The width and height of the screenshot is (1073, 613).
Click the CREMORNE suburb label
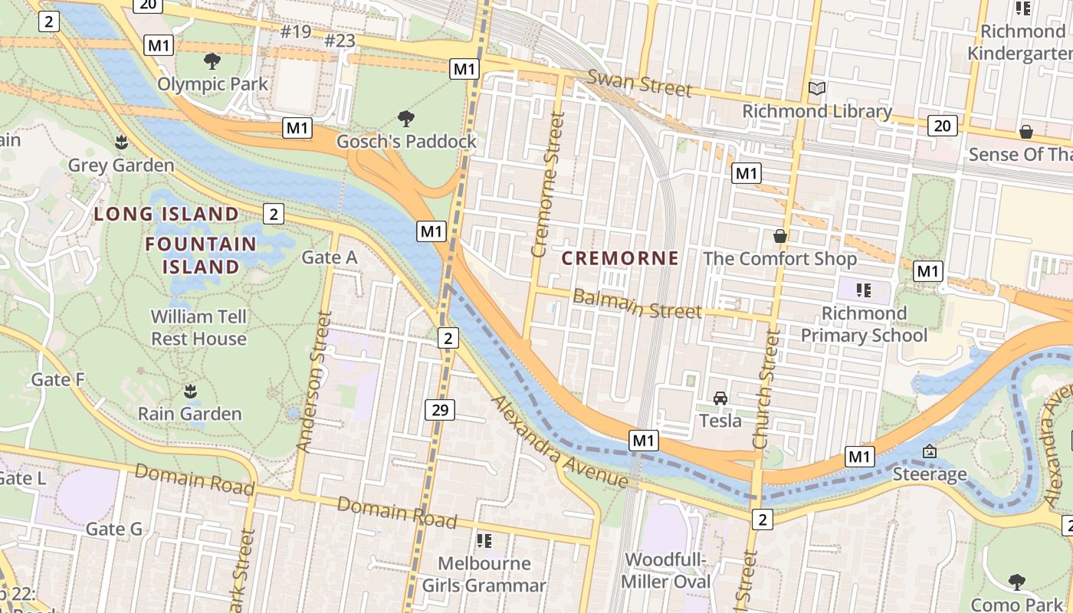(620, 258)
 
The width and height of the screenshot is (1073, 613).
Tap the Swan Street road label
(639, 83)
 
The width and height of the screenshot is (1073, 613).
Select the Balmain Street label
(637, 303)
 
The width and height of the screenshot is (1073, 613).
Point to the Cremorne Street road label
(548, 185)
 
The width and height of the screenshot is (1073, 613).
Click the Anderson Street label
(315, 382)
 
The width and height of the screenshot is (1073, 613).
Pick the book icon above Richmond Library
(817, 89)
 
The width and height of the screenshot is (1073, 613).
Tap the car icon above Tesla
(720, 398)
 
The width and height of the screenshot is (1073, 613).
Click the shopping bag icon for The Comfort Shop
(780, 236)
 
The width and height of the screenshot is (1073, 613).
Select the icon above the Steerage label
(930, 451)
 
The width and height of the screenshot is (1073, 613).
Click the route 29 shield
(440, 410)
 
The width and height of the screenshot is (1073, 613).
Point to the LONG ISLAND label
(166, 214)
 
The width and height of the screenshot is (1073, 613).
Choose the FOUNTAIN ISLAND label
(202, 255)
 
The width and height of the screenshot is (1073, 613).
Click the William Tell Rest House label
(199, 327)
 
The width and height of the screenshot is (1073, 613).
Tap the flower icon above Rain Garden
(190, 392)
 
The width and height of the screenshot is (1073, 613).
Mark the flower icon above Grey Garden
(121, 142)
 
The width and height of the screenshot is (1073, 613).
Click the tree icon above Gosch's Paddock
(406, 118)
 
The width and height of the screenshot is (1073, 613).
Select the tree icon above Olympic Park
(212, 61)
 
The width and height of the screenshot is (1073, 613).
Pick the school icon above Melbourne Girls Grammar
(484, 541)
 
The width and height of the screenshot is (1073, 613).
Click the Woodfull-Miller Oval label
(665, 570)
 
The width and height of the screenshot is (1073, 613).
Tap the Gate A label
(330, 257)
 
